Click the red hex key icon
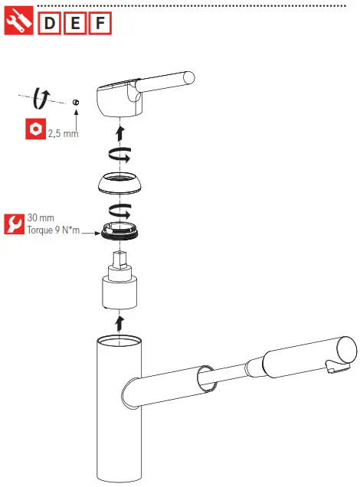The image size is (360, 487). tap(33, 130)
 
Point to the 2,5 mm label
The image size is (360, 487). tap(64, 132)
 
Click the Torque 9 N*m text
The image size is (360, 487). tap(54, 230)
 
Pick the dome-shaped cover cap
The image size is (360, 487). tap(119, 185)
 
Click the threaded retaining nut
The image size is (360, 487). tap(120, 230)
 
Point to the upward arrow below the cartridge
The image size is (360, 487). tap(119, 319)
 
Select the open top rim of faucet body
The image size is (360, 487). tap(119, 341)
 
